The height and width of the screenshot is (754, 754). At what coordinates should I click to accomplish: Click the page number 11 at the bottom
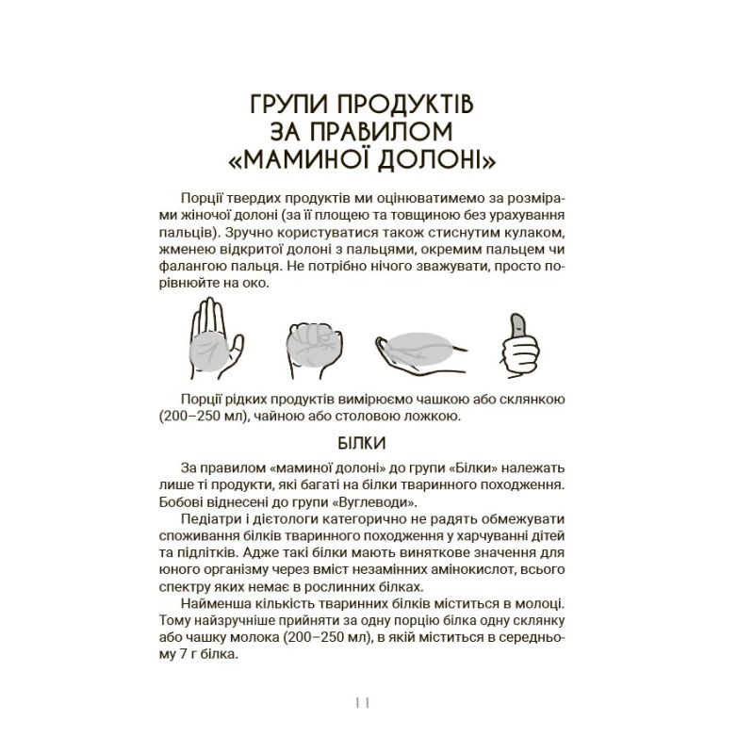[x=362, y=701]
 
